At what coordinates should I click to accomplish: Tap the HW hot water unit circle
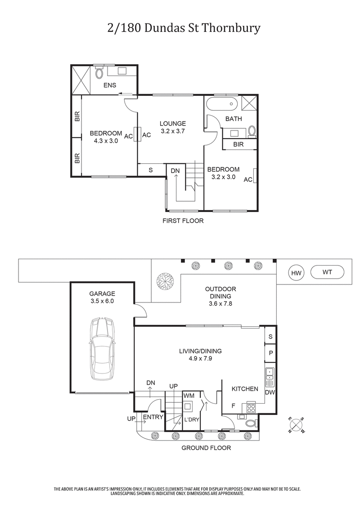click(296, 273)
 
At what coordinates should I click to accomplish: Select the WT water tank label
click(328, 272)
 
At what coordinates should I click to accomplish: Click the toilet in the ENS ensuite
click(99, 73)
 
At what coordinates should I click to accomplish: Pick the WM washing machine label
click(189, 395)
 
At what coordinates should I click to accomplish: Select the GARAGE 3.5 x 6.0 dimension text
click(102, 301)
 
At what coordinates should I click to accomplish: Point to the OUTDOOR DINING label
click(220, 293)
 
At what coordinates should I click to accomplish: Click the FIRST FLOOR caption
click(183, 221)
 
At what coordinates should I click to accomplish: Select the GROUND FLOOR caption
click(206, 448)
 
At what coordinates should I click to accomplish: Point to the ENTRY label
click(153, 417)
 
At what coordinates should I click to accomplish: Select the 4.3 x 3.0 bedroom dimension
click(106, 140)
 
